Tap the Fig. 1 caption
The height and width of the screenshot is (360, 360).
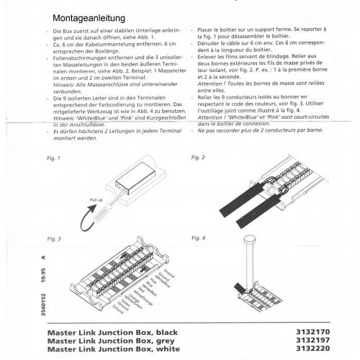click(x=53, y=158)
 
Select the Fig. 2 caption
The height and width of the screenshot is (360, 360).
click(x=198, y=157)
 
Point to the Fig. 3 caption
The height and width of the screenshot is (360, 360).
click(x=53, y=238)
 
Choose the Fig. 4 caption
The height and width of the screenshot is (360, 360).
click(x=198, y=238)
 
